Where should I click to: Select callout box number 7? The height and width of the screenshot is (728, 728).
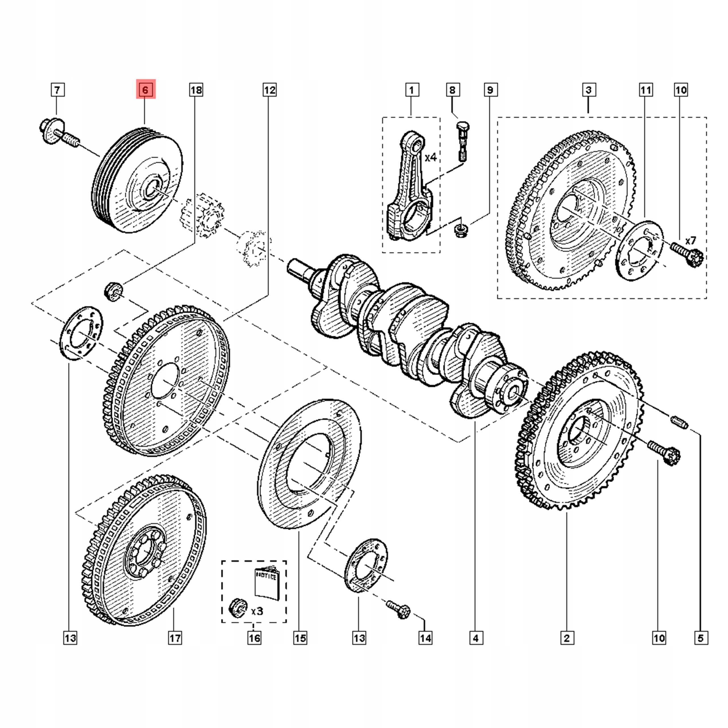coord(57,90)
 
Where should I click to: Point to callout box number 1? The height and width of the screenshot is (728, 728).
coord(411,90)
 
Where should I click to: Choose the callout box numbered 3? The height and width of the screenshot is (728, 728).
coord(589,90)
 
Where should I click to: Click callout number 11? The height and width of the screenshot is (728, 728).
coord(646,90)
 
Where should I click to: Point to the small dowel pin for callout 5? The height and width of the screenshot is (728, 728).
coord(679,422)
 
